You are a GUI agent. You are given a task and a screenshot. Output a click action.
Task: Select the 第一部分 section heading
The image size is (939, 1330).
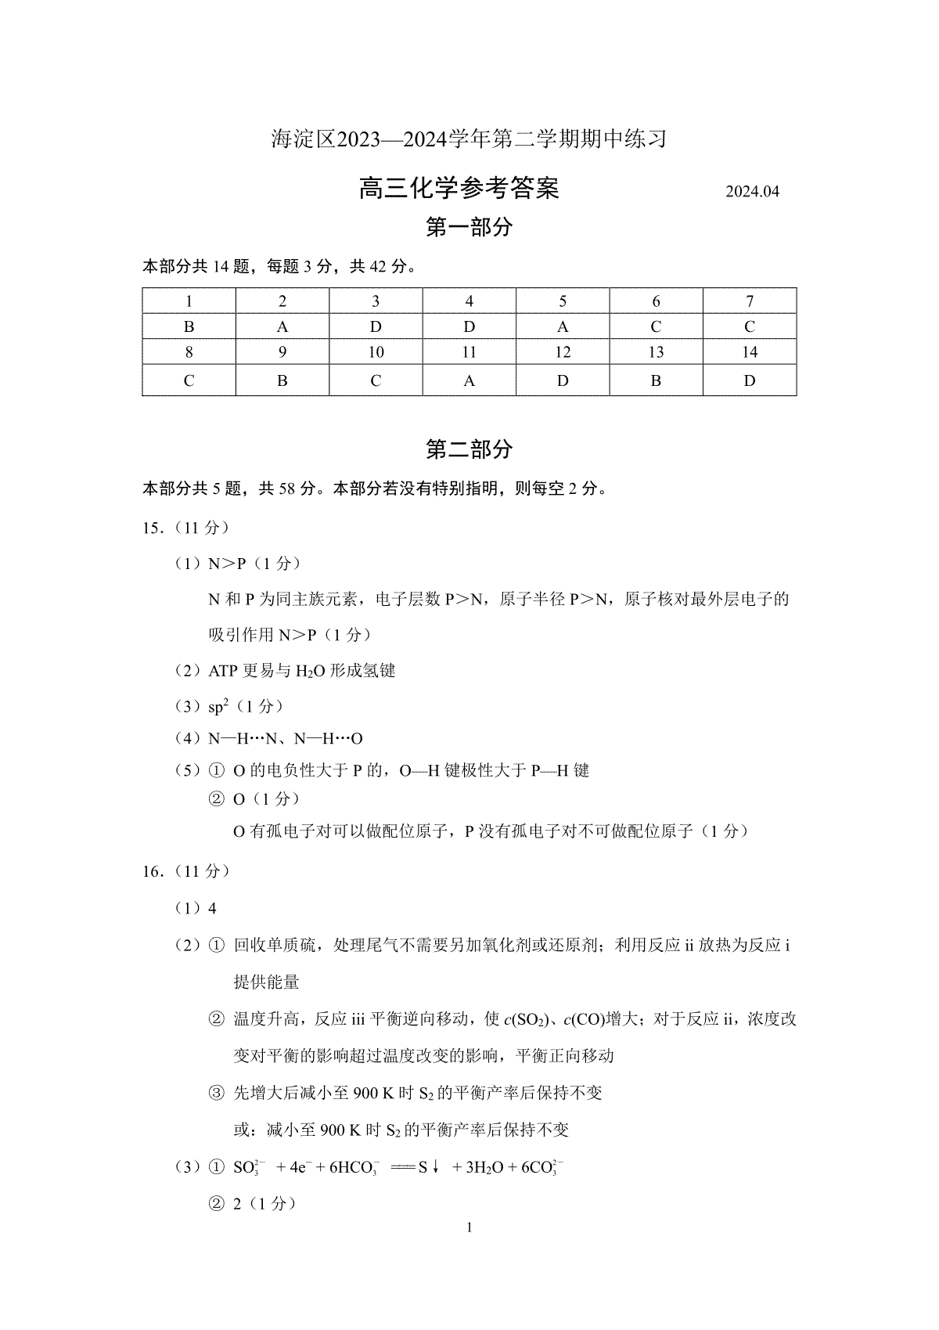coord(469,228)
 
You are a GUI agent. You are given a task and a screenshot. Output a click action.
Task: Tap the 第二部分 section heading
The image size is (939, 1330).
coord(469,449)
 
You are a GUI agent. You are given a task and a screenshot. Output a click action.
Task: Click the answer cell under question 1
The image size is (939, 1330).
coord(189,327)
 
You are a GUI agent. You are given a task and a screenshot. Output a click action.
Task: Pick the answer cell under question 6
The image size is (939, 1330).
coord(656,327)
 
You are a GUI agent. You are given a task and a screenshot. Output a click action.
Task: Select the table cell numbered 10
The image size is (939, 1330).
coord(376,352)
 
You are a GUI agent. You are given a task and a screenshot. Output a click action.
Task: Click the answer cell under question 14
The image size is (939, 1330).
coord(750,381)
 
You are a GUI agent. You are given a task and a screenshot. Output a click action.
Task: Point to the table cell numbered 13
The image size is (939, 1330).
coord(656,352)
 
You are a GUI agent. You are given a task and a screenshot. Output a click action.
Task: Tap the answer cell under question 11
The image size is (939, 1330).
coord(469,381)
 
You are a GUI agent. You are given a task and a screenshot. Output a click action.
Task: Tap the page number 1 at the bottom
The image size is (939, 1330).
coord(469,1227)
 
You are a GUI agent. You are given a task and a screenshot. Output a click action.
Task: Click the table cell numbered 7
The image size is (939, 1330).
coord(750,301)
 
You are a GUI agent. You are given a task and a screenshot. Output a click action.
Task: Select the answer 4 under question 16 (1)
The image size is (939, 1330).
coord(212,909)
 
